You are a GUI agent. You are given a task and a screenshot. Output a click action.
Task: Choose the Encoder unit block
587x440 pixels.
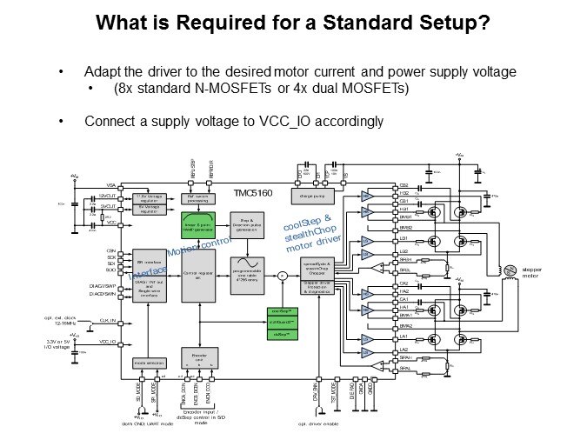click(198, 357)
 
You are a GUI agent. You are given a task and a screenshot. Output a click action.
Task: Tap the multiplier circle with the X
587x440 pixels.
click(280, 277)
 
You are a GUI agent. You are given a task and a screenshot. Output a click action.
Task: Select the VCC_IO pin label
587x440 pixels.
click(108, 342)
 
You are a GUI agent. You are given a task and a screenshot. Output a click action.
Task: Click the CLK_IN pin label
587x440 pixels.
click(108, 321)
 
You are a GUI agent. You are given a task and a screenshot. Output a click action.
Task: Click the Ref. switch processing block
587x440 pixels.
click(200, 198)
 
